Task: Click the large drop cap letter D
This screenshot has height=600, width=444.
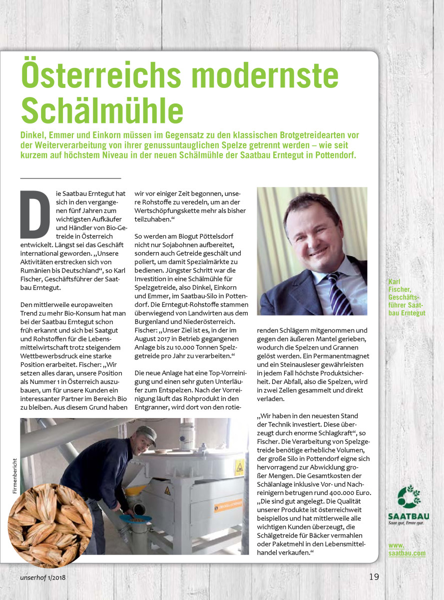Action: (35, 213)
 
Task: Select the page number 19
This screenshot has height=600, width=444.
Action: (374, 576)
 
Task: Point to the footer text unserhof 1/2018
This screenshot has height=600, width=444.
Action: (43, 578)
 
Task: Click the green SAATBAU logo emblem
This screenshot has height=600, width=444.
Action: (409, 496)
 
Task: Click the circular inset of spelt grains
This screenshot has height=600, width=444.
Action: (50, 525)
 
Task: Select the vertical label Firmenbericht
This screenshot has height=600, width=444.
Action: (15, 476)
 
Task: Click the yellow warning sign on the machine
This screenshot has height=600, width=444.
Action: (240, 467)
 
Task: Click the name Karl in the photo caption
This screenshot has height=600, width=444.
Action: (395, 281)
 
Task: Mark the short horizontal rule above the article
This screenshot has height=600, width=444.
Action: (70, 177)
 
